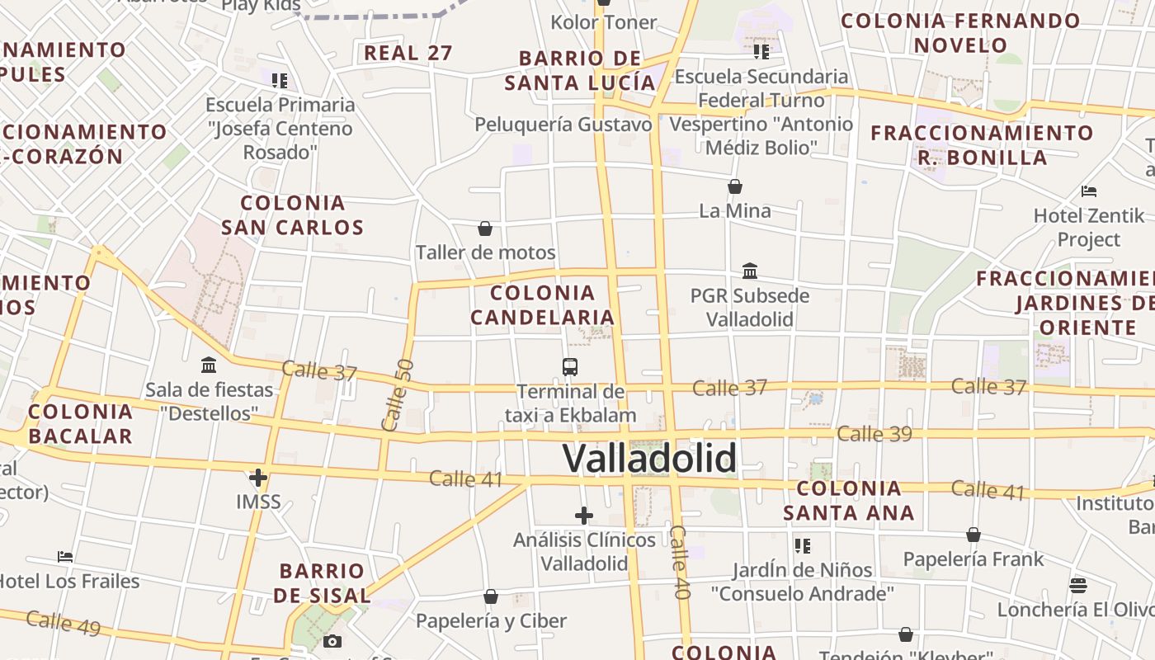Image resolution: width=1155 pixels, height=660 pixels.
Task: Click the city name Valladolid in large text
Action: (x=649, y=458)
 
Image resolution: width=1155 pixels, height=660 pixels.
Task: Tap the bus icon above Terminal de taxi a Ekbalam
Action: (x=569, y=367)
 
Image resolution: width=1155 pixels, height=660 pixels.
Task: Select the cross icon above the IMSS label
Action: (x=258, y=477)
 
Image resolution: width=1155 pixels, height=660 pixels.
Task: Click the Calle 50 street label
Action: (x=398, y=394)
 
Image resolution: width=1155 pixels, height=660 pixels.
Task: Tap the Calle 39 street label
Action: (x=874, y=433)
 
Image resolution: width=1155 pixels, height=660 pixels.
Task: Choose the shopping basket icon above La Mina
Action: (x=734, y=187)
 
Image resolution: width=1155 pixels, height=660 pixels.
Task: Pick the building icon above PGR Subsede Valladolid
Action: (x=750, y=271)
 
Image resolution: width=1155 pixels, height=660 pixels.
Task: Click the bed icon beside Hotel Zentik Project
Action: (x=1089, y=191)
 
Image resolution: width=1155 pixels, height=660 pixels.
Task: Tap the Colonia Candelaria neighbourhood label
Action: (x=543, y=304)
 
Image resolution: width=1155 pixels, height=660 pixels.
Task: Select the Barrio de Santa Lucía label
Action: (x=580, y=70)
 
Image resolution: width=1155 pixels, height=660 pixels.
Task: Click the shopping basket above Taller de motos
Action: (x=485, y=229)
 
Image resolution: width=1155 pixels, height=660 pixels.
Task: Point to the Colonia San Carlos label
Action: (x=292, y=214)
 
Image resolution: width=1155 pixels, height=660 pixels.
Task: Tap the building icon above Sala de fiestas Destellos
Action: (x=209, y=365)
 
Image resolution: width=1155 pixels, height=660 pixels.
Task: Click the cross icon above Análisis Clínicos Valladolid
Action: (x=584, y=516)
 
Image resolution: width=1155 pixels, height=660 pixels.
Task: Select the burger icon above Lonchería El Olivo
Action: (x=1077, y=586)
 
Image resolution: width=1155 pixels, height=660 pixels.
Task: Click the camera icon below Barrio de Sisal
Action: (x=332, y=641)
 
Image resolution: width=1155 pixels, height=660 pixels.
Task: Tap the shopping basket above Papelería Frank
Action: (x=973, y=535)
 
